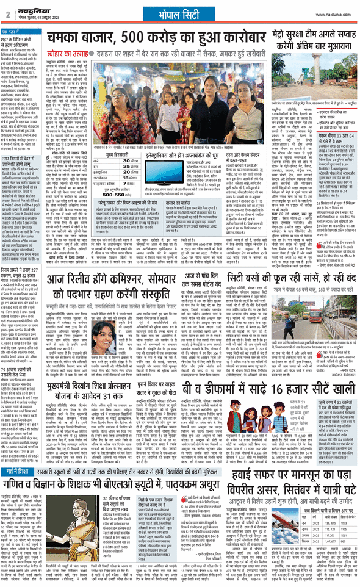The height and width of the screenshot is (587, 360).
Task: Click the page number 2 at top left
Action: (x=5, y=13)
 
